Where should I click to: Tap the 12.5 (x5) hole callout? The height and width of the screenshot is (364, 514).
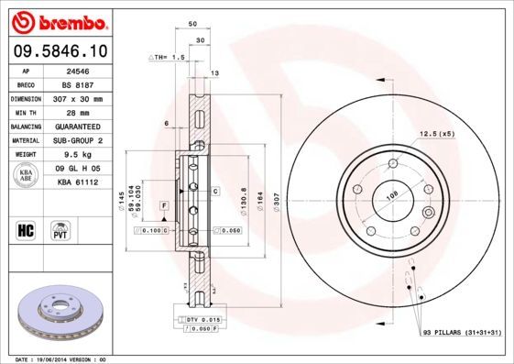pyautogui.click(x=436, y=135)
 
